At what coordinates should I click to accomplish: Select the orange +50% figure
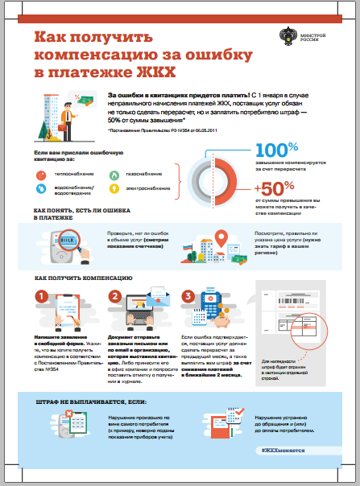[271, 185]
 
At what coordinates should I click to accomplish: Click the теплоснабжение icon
[41, 172]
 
